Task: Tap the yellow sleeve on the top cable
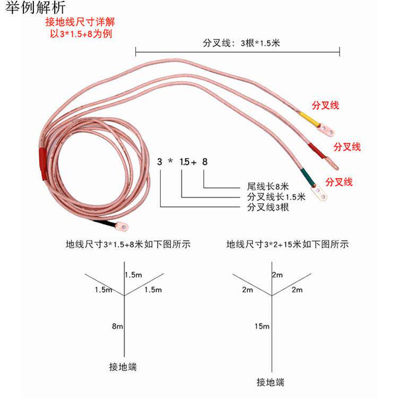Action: coord(308,118)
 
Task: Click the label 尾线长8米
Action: coord(268,187)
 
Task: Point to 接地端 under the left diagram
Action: coord(124,367)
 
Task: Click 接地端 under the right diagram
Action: coord(270,382)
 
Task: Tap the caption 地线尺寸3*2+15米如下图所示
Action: coord(287,245)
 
